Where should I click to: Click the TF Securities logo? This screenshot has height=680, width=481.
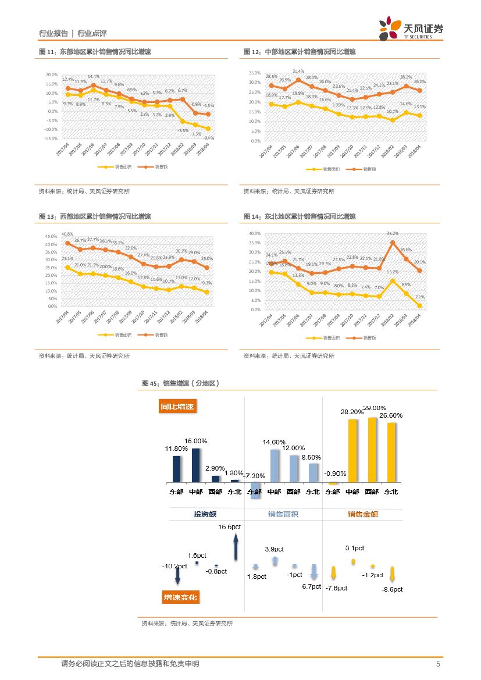coord(411,29)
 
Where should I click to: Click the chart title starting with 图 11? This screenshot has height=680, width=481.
coord(95,52)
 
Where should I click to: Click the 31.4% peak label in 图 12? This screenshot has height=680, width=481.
coord(298,72)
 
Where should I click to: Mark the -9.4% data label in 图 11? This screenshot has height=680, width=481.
coord(209,138)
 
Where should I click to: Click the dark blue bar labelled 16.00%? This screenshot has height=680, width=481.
coord(195,465)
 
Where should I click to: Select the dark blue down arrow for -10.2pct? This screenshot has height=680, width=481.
coord(177,575)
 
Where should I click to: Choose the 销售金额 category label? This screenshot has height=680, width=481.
coord(363,514)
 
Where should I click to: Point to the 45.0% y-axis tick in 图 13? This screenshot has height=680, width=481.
coord(51,236)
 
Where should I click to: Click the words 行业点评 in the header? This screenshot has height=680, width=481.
coord(92,34)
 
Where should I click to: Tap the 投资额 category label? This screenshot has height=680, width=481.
coord(205,514)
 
